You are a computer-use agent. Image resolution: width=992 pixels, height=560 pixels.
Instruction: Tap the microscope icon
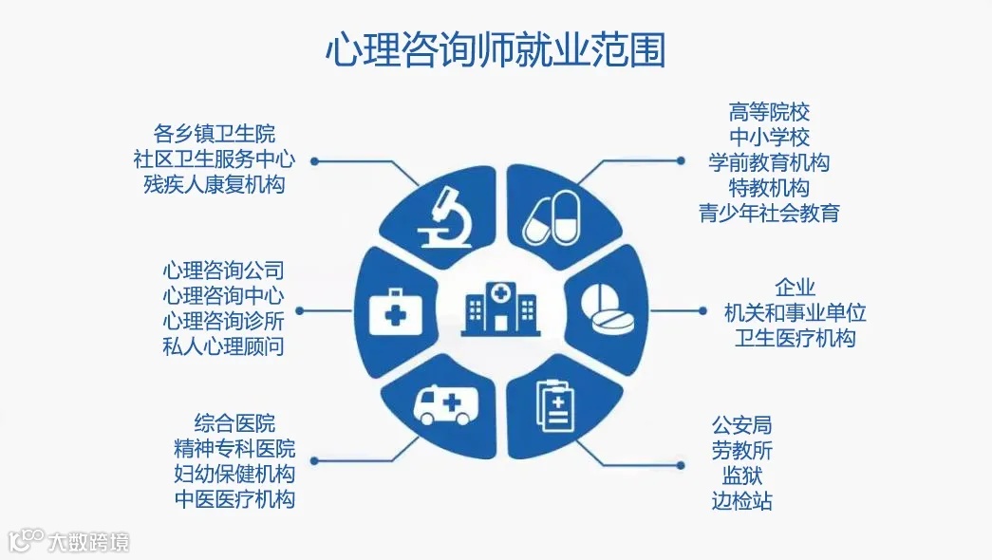(442, 217)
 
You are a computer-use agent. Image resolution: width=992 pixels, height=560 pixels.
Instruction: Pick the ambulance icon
(445, 406)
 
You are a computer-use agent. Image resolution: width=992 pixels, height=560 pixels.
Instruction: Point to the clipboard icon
(554, 407)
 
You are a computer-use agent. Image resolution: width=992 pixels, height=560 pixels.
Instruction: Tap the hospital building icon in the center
(498, 308)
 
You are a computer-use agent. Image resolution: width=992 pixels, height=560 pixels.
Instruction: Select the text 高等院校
(769, 113)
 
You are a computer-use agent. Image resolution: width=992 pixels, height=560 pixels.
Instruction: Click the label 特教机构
(769, 187)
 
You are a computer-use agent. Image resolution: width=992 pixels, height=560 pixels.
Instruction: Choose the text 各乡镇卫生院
(215, 133)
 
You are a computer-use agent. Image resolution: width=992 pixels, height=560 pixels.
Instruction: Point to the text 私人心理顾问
(223, 346)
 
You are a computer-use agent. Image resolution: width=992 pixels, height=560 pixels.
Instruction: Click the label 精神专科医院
(234, 448)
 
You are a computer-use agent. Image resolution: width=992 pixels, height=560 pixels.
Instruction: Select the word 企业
(795, 288)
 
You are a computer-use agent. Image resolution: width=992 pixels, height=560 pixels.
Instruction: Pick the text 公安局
(741, 425)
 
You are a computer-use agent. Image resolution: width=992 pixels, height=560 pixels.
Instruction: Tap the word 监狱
(741, 475)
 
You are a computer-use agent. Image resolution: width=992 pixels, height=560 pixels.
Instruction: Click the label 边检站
(741, 500)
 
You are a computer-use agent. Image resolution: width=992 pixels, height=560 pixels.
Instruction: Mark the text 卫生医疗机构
(795, 338)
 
